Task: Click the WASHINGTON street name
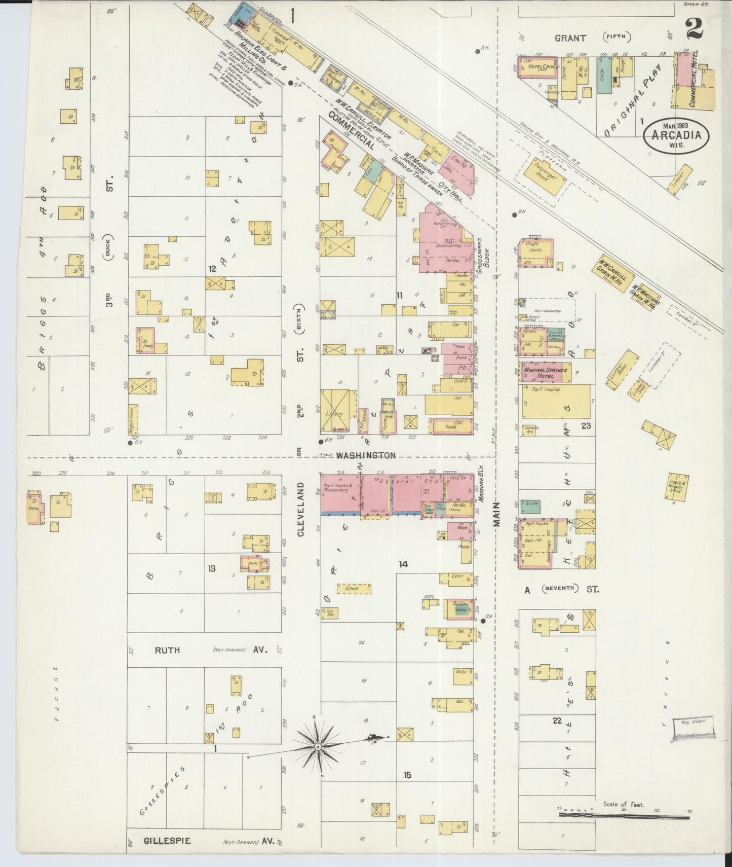pyautogui.click(x=365, y=455)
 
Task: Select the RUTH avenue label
pyautogui.click(x=167, y=649)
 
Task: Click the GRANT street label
pyautogui.click(x=570, y=38)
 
